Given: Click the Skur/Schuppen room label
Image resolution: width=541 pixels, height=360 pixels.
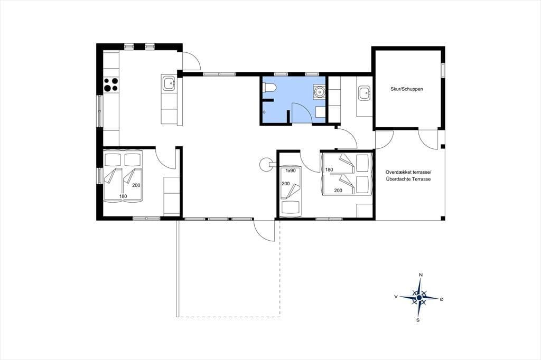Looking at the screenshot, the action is pyautogui.click(x=406, y=89).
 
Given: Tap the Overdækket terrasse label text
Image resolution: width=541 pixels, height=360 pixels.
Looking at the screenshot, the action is pyautogui.click(x=408, y=172).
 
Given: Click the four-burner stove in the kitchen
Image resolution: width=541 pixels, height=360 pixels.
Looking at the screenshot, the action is pyautogui.click(x=111, y=84).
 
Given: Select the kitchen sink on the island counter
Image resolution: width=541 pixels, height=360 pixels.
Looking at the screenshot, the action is pyautogui.click(x=169, y=83).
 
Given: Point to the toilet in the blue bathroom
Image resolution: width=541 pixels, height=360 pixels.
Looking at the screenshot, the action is pyautogui.click(x=268, y=88).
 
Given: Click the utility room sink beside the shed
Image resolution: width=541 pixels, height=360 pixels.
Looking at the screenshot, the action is pyautogui.click(x=364, y=93).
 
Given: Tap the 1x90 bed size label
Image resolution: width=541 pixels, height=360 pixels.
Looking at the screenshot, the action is pyautogui.click(x=291, y=170).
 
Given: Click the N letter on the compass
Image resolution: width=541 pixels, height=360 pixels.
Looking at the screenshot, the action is pyautogui.click(x=420, y=275).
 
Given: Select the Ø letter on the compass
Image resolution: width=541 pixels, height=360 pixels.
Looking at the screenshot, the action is pyautogui.click(x=442, y=299).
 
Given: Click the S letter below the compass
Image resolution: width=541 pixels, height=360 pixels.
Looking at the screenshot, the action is pyautogui.click(x=418, y=320).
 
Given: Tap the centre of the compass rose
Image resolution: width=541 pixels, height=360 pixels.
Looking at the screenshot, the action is pyautogui.click(x=419, y=297).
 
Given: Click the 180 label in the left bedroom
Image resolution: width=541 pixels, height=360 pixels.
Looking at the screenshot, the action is pyautogui.click(x=123, y=196).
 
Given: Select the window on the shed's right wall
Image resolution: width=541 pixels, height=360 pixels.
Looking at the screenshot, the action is pyautogui.click(x=443, y=73).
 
